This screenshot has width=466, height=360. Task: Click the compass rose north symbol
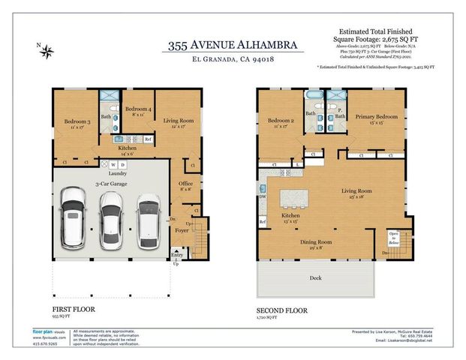tap(47, 52)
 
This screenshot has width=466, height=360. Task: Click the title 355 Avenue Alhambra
tap(233, 46)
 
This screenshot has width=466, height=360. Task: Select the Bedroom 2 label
tap(281, 121)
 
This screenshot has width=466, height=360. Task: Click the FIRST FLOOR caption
tap(72, 307)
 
